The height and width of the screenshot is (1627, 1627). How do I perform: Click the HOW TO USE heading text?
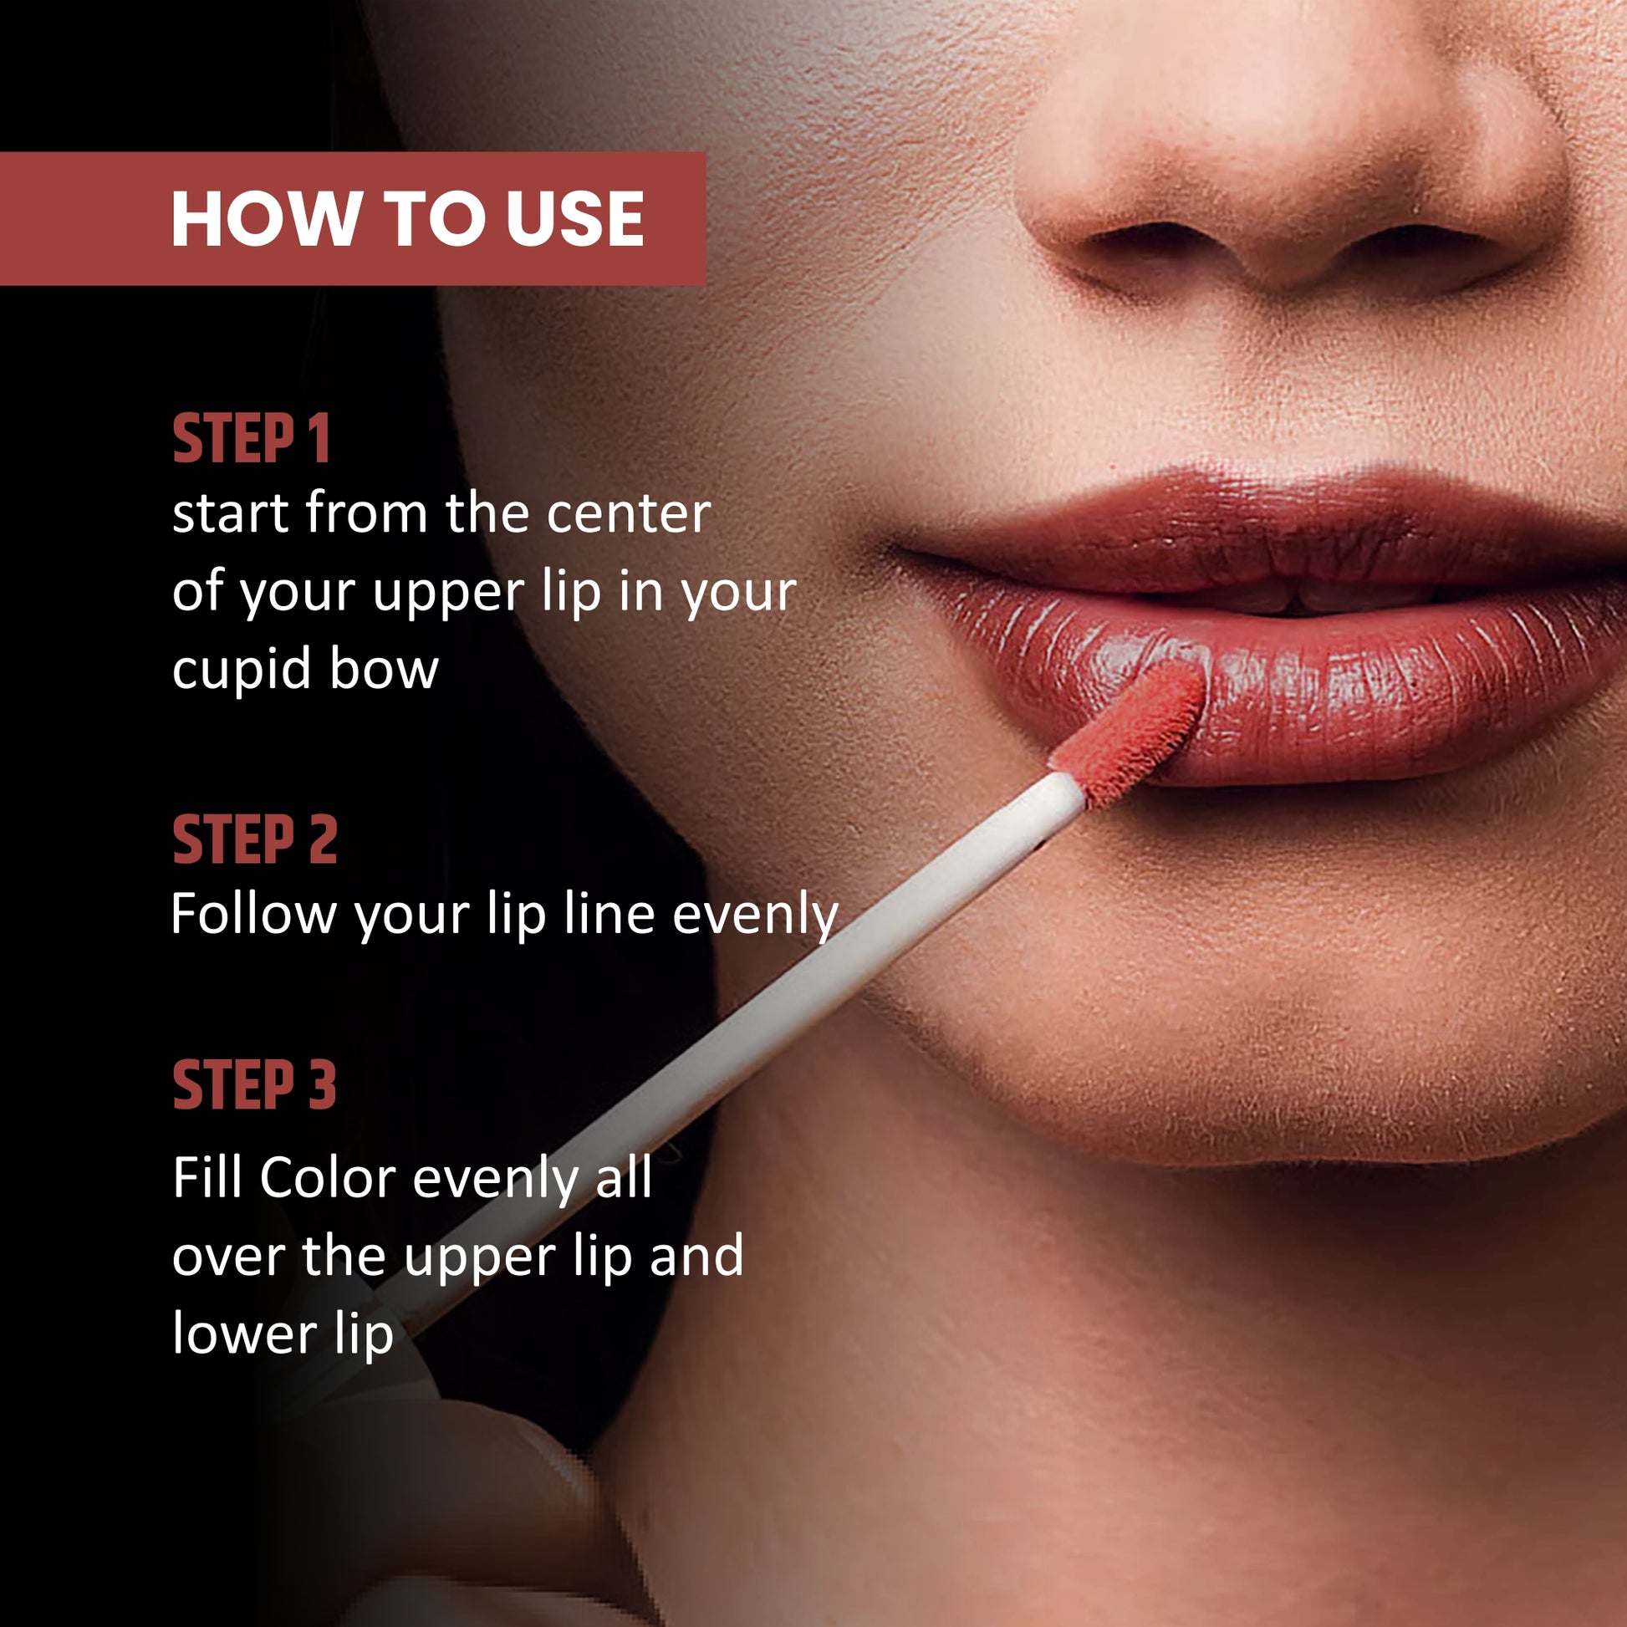point(408,219)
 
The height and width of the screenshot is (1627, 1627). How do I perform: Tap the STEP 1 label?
point(251,439)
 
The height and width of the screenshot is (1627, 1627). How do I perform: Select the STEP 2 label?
point(254,839)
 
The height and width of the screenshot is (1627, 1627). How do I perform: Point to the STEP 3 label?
point(254,1084)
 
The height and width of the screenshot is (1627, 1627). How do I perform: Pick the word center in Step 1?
point(628,513)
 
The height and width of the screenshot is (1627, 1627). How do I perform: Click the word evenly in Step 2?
point(756,916)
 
